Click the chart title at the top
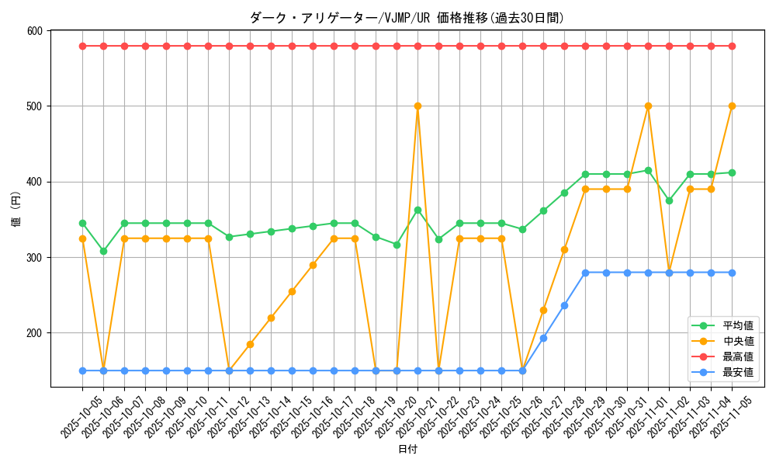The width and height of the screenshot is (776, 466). pos(407,18)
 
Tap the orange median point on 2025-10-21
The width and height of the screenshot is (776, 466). pos(417,106)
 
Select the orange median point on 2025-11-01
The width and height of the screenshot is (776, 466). pos(648,106)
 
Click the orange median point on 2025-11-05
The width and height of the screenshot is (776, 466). pos(732,106)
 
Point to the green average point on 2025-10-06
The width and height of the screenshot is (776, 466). pos(103,251)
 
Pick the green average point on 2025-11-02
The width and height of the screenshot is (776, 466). pos(669,200)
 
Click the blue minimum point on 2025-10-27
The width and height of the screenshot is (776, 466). pos(543,338)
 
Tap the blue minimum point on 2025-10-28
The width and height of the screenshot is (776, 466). pos(564,305)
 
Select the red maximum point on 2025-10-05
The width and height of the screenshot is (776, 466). pos(82,46)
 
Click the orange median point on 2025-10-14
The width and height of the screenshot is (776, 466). pos(271,318)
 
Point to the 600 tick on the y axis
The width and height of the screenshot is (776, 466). pos(35,31)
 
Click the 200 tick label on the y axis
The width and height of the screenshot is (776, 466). pos(35,333)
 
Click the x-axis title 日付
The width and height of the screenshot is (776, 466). pos(407,450)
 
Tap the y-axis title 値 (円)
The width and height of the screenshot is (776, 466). pos(16,209)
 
